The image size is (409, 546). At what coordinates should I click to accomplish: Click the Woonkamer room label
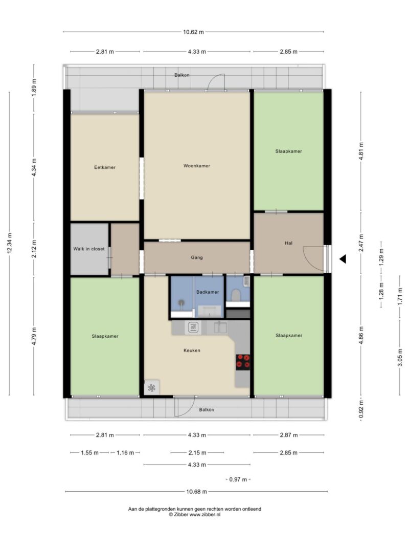coord(196,166)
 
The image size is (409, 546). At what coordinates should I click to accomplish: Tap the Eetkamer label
coord(105,167)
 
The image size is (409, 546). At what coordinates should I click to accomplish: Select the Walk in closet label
coord(88,249)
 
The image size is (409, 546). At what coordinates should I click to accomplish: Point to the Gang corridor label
coord(196,258)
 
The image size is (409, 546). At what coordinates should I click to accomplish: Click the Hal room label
coord(288,243)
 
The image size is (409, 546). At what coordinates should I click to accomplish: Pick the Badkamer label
coord(208,292)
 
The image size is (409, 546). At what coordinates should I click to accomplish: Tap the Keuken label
coord(192,351)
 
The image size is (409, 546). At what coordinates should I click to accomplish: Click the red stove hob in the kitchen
coord(243,362)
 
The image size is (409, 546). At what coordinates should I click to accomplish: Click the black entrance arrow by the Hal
coord(343,259)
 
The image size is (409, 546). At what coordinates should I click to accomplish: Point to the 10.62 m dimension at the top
coord(193,32)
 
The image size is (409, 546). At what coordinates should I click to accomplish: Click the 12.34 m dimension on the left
coord(9,244)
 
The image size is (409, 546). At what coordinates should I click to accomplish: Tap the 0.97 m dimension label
coord(238,479)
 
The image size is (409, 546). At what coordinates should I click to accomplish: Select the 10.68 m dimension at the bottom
coord(196,492)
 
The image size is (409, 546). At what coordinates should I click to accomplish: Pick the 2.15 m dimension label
coord(197,453)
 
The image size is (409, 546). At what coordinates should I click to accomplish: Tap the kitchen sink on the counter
coord(220,327)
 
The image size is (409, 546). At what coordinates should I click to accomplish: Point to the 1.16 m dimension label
coord(125,453)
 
